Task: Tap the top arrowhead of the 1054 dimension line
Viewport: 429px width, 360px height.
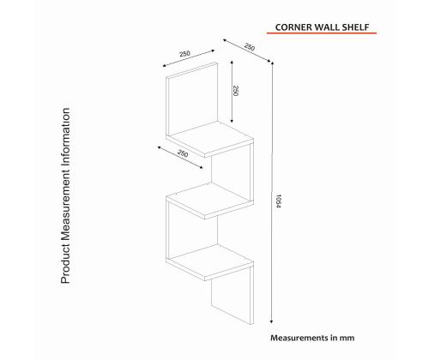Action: click(x=273, y=68)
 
